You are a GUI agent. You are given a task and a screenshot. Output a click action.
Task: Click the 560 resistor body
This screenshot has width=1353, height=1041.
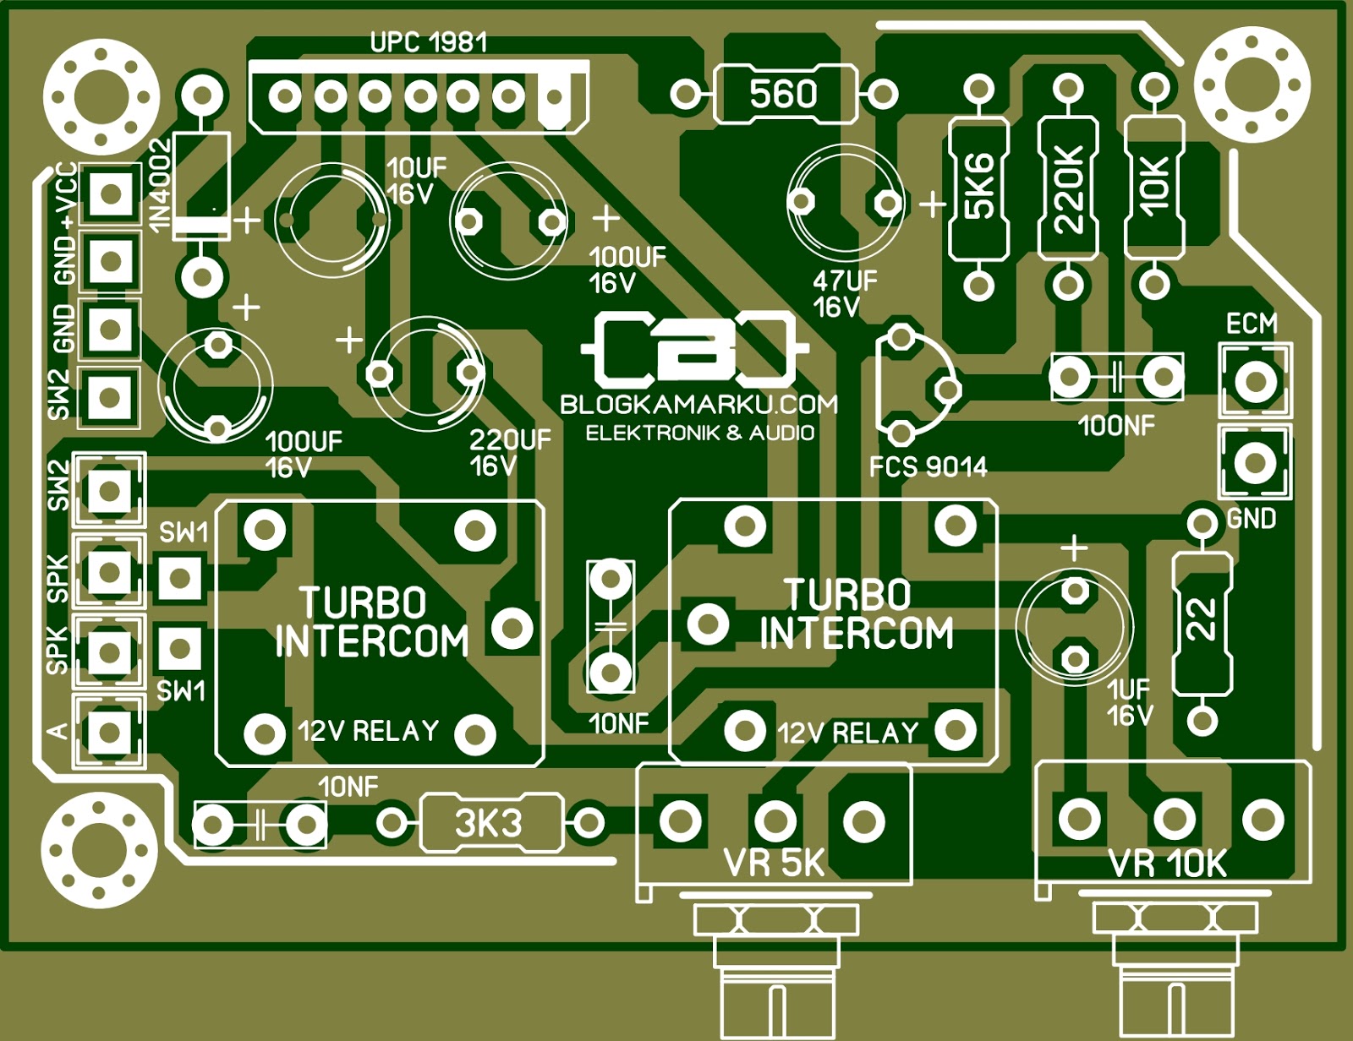(x=784, y=94)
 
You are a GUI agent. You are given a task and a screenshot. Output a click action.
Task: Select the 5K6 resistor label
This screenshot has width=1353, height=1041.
(x=979, y=188)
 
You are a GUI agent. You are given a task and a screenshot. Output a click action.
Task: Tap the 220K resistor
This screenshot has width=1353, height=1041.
(x=1068, y=188)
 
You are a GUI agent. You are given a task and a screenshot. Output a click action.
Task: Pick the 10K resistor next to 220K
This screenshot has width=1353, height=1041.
(x=1154, y=188)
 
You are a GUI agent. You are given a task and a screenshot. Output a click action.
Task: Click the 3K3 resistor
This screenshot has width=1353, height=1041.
(x=490, y=822)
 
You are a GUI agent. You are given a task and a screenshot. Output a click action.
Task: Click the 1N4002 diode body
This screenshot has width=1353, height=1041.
(x=201, y=186)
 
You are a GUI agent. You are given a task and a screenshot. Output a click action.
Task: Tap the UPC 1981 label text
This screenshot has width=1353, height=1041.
(x=429, y=42)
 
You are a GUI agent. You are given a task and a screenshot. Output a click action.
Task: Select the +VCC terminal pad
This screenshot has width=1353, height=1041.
(x=111, y=193)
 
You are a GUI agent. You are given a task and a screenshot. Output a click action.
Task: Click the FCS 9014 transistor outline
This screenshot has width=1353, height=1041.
(x=913, y=385)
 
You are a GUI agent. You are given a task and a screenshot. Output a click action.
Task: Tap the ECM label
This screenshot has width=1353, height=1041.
(x=1252, y=324)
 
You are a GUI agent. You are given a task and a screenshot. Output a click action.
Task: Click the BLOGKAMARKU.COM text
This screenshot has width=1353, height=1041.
(x=698, y=405)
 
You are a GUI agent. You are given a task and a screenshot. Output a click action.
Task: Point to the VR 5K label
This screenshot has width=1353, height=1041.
(x=774, y=863)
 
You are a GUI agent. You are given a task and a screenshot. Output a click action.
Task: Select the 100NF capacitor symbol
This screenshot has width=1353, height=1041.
(x=1116, y=377)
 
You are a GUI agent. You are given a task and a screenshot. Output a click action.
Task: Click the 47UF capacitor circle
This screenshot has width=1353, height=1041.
(x=845, y=203)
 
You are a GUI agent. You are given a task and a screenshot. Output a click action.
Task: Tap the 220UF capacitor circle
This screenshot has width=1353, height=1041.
(x=425, y=373)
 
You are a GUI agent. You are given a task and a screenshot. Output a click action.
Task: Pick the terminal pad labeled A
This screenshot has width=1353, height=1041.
(x=109, y=731)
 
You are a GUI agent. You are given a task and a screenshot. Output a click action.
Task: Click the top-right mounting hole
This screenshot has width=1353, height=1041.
(x=1252, y=85)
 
